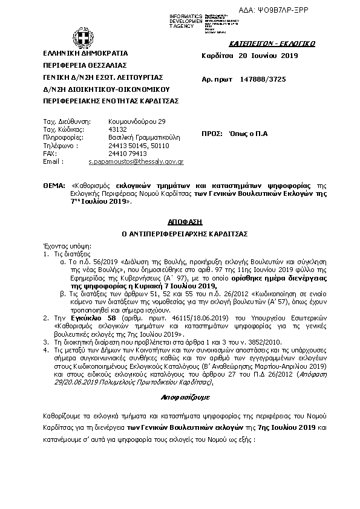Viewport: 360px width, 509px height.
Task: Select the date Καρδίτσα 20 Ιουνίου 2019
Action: coord(241,56)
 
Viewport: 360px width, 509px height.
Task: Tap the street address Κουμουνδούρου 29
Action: coord(136,121)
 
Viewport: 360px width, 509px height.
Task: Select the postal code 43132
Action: coord(117,129)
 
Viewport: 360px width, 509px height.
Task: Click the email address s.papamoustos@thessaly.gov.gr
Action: coord(136,162)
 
